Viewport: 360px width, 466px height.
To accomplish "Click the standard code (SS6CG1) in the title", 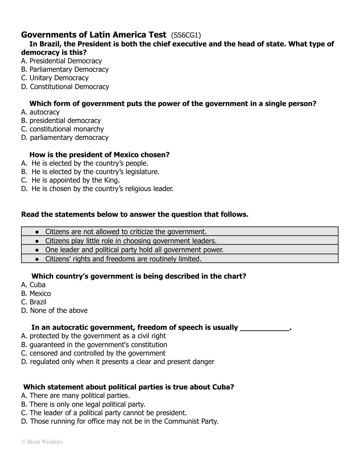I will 186,35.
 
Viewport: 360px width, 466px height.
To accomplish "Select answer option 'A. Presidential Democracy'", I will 61,61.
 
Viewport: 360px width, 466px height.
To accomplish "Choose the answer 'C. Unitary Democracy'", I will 55,78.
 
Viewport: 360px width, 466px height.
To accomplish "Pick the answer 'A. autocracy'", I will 40,112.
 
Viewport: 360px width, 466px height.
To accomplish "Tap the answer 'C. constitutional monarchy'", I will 63,129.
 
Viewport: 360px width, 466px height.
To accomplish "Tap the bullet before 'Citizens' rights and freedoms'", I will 37,259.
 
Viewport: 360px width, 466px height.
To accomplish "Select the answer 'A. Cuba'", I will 33,285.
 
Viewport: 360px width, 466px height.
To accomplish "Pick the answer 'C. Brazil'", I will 34,302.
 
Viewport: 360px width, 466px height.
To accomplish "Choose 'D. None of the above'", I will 54,311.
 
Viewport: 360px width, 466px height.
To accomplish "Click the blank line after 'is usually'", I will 265,328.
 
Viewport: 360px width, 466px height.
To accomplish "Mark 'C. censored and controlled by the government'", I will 93,353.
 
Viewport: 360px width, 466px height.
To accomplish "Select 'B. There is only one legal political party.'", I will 83,405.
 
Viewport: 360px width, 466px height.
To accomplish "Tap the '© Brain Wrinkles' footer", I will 42,442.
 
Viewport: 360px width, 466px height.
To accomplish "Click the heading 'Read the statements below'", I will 135,215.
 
